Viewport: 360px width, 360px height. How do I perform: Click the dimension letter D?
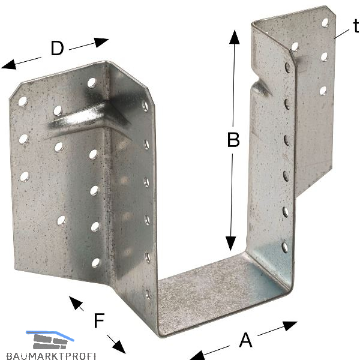[57, 48]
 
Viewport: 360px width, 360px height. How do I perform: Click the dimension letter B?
[233, 140]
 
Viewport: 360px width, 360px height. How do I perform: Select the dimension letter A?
[245, 340]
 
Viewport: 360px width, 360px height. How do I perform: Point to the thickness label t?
[356, 26]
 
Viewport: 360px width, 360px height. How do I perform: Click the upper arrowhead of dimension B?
[234, 37]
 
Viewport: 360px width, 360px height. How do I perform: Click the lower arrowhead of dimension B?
[230, 244]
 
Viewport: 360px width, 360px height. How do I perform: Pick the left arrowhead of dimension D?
[9, 65]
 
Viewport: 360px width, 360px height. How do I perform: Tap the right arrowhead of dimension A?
[290, 326]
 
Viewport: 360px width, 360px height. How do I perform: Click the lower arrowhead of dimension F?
[120, 347]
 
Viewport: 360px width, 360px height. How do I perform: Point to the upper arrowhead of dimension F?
[75, 302]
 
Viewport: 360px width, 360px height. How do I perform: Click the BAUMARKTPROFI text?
[51, 356]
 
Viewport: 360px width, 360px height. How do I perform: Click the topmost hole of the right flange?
[325, 23]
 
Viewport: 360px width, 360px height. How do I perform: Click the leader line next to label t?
[342, 34]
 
